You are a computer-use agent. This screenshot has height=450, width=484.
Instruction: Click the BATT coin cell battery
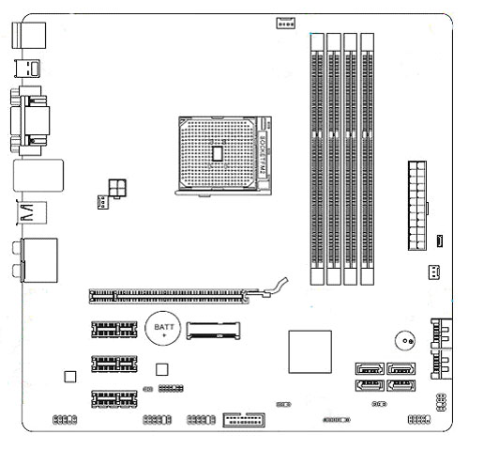(x=163, y=329)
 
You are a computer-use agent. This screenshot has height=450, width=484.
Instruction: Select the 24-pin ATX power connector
(x=417, y=206)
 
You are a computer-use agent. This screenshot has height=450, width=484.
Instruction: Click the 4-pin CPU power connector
(x=117, y=189)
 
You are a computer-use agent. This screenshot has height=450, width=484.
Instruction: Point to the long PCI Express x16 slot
(x=169, y=296)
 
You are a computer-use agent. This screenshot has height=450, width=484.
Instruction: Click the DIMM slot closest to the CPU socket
(x=317, y=159)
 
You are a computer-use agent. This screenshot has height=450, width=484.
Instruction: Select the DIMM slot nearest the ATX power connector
(x=367, y=159)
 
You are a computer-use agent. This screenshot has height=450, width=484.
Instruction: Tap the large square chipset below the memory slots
(x=310, y=351)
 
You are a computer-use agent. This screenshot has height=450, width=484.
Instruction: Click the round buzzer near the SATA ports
(x=405, y=341)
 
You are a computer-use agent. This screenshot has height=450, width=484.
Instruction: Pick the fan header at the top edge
(x=285, y=23)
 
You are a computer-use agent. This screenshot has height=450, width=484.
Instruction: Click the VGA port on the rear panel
(x=30, y=121)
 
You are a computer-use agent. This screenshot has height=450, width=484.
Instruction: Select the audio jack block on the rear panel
(x=36, y=260)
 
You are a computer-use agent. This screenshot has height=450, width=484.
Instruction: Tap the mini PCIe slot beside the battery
(x=213, y=331)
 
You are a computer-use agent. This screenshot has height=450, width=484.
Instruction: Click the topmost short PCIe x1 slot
(x=114, y=329)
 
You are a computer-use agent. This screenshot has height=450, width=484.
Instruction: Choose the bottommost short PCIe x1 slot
(x=114, y=398)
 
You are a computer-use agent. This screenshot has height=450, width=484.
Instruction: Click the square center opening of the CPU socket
(x=217, y=153)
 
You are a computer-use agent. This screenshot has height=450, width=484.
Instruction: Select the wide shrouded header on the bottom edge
(x=244, y=420)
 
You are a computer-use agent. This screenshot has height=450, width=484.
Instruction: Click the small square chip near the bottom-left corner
(x=70, y=377)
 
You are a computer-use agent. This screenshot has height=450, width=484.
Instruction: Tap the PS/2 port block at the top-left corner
(x=29, y=36)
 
